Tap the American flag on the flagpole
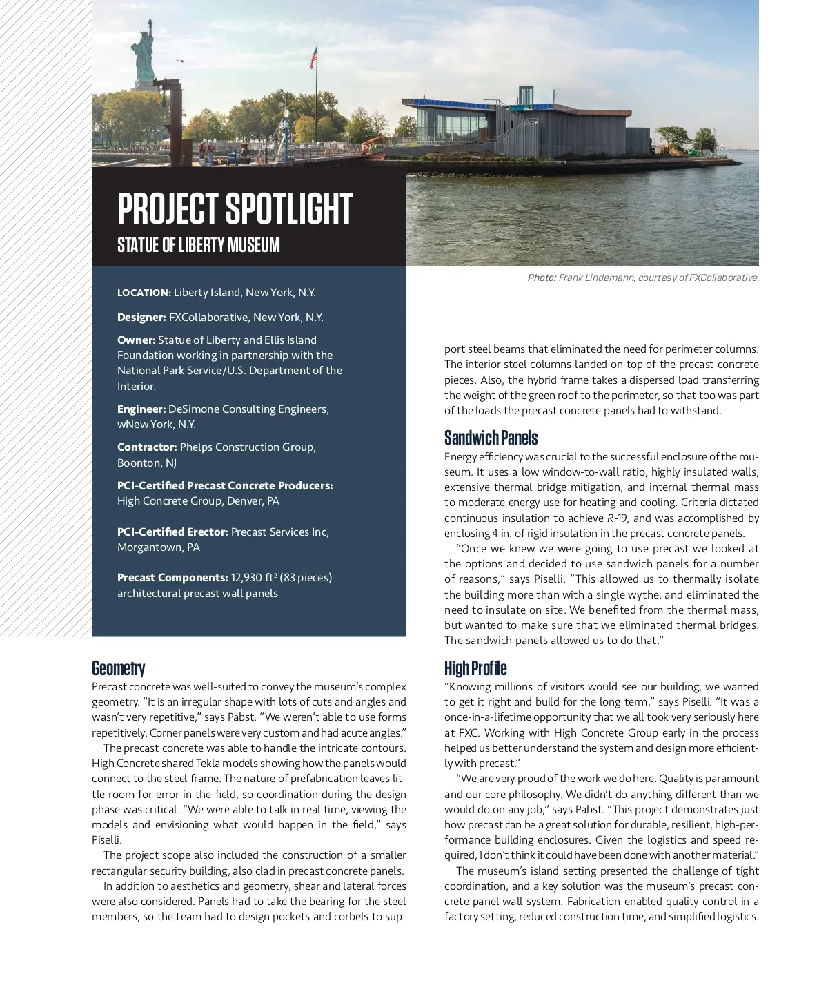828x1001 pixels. pos(313,57)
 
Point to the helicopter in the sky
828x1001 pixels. pos(181,61)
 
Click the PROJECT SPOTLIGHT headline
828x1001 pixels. pos(235,208)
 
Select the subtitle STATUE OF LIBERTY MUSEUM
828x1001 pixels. pos(199,245)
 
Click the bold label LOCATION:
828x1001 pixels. pos(144,293)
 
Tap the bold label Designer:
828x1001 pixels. pos(141,318)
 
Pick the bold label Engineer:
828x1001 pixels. pos(141,409)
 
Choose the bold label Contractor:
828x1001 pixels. pos(147,447)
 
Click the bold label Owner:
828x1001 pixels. pos(136,340)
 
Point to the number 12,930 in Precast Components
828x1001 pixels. pos(246,578)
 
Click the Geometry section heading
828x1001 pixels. pos(119,668)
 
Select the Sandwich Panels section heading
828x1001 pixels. pos(491,438)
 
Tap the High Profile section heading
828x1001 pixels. pos(475,668)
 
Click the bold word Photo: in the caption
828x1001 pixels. pos(542,278)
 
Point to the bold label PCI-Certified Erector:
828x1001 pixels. pos(172,532)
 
